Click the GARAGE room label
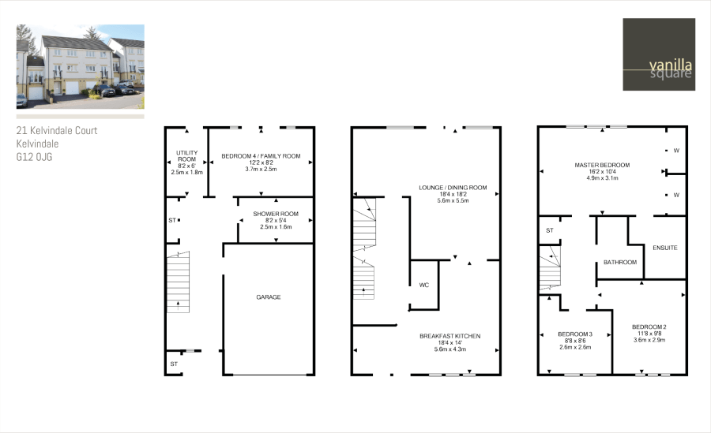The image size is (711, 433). click(x=269, y=297)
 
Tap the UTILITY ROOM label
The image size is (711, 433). click(x=186, y=155)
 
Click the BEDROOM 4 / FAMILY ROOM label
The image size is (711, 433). click(x=261, y=155)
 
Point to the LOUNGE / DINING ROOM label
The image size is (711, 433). click(x=453, y=188)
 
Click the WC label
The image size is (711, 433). click(x=424, y=284)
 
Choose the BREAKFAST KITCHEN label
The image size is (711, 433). click(x=450, y=336)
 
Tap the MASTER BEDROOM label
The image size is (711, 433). click(x=602, y=165)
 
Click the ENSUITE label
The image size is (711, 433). click(x=664, y=248)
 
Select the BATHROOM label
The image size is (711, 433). click(x=619, y=262)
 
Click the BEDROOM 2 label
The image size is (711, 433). click(x=649, y=327)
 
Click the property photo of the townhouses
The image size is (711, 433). click(x=81, y=66)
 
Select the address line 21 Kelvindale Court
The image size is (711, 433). click(x=57, y=131)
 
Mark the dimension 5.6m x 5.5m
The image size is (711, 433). click(x=453, y=201)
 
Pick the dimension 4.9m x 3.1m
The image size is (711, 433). click(x=602, y=178)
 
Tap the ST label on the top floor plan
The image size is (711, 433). click(x=550, y=230)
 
